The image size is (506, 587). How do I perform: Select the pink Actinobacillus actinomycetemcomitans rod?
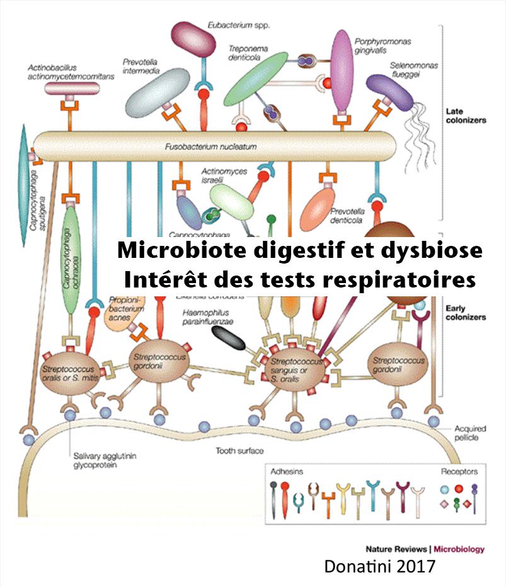click(x=72, y=88)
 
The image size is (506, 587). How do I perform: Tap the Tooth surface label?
click(x=239, y=451)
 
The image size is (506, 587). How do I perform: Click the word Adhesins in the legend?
click(x=286, y=472)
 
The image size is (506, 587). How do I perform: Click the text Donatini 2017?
click(x=379, y=566)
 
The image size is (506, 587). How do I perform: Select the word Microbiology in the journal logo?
click(x=459, y=549)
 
